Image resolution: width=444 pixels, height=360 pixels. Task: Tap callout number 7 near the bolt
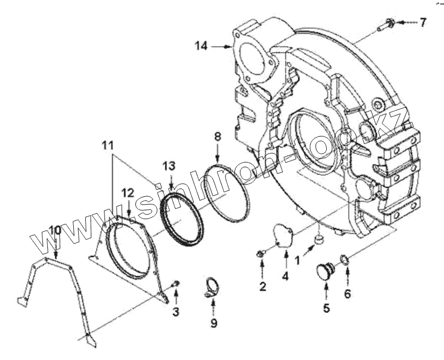click(x=423, y=23)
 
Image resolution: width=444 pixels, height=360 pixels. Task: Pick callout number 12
click(x=128, y=192)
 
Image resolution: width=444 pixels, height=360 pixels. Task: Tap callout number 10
click(x=54, y=229)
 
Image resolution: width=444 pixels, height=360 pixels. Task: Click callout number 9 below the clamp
click(x=213, y=323)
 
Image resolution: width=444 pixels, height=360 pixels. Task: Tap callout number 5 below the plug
click(x=326, y=308)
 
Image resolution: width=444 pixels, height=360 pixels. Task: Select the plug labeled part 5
click(x=322, y=271)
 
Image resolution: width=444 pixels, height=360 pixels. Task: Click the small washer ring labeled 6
click(x=344, y=258)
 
